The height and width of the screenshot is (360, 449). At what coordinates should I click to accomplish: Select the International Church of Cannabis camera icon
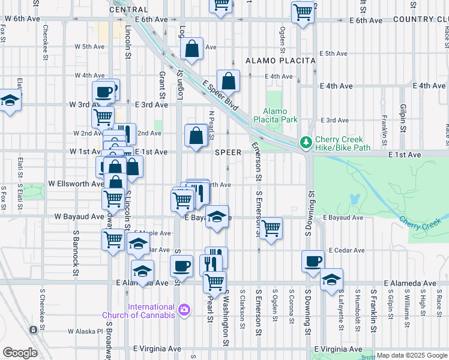[184, 310]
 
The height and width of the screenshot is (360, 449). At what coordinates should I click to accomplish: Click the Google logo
[20, 353]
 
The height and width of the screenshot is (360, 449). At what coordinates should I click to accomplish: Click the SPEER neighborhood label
[228, 152]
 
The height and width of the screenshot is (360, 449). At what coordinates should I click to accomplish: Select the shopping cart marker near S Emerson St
[271, 228]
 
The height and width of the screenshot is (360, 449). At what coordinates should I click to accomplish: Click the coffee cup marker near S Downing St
[313, 262]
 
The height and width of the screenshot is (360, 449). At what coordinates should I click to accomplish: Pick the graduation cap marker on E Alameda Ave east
[331, 280]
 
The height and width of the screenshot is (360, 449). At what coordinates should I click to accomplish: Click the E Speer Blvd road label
[221, 96]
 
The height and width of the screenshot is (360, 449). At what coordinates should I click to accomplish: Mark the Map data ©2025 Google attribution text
[412, 355]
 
